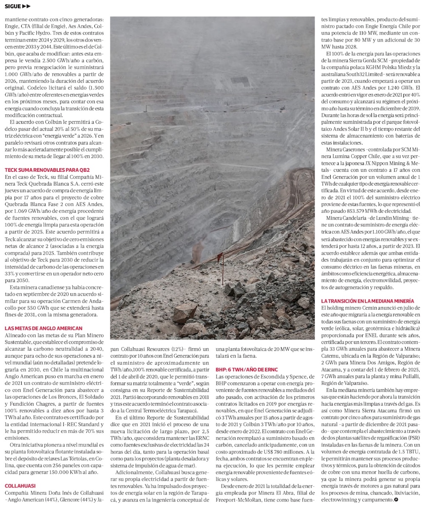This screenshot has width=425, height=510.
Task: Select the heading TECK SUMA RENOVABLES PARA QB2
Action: click(41, 169)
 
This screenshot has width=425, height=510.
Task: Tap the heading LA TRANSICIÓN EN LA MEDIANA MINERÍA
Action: click(368, 301)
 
